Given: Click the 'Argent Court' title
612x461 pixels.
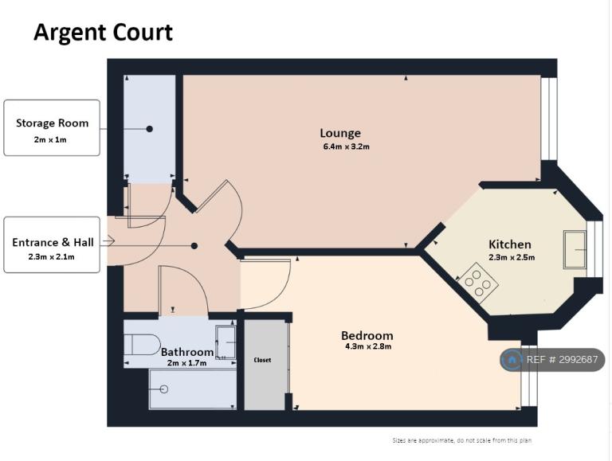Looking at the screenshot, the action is click(x=104, y=33).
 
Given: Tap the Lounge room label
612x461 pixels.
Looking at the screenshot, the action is click(x=340, y=133).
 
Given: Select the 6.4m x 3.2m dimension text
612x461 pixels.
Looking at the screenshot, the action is click(x=346, y=147).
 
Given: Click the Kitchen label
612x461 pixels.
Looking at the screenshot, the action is click(x=510, y=244).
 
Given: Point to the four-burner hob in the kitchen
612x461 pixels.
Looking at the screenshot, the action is click(x=478, y=283).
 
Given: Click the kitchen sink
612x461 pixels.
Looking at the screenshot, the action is click(x=575, y=249).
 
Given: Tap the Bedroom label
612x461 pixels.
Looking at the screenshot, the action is click(x=367, y=335).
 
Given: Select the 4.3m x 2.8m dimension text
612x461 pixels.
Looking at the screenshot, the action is click(x=368, y=346).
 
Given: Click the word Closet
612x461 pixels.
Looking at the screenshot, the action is click(x=262, y=360).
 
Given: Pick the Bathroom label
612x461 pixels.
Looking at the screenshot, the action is click(x=187, y=352).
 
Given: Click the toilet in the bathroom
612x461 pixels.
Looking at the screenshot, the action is click(x=142, y=345).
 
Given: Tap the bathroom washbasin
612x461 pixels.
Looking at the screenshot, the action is click(x=226, y=342).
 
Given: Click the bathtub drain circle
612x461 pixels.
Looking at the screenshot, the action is click(x=164, y=389).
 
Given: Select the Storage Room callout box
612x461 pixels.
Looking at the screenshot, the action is click(x=52, y=128).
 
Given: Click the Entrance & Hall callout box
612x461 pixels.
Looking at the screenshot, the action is click(x=52, y=245).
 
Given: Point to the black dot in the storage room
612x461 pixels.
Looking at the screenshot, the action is click(x=150, y=129).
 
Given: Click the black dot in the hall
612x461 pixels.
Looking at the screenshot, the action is click(x=194, y=246).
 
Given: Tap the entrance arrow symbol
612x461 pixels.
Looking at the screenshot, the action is click(x=109, y=241).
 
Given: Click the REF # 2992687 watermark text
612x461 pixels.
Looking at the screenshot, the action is click(x=562, y=360).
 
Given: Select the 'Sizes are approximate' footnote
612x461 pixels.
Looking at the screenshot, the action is click(x=461, y=440).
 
